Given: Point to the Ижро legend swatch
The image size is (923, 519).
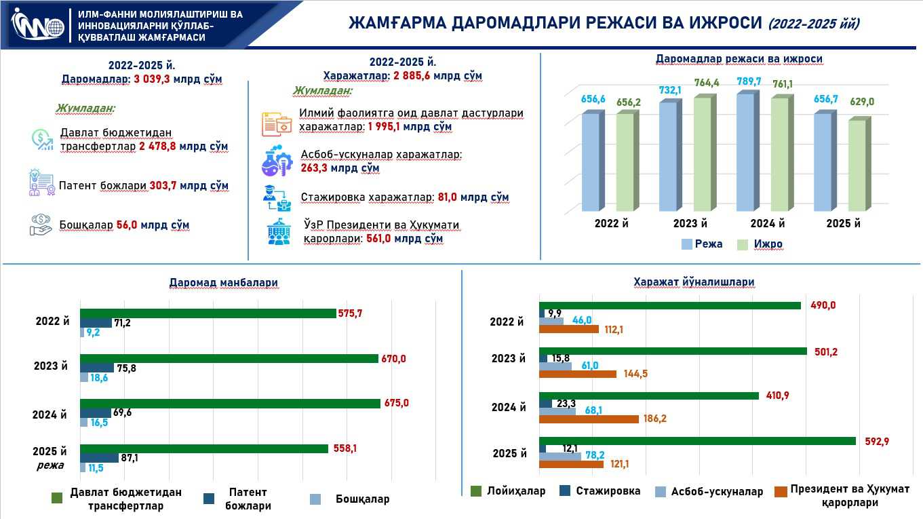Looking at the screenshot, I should (x=742, y=244).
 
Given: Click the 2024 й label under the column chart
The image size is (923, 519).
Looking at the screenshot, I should (x=768, y=224).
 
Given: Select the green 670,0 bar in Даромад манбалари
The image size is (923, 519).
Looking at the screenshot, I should (x=229, y=358).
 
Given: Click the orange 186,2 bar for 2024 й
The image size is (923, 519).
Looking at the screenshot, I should (x=589, y=419).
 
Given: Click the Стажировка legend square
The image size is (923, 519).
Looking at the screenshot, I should (x=565, y=491).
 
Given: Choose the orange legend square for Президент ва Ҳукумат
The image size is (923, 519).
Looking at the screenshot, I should (x=779, y=491).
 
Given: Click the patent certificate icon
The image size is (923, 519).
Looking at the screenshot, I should (x=41, y=183).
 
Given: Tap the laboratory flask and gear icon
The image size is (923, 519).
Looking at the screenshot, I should (x=277, y=161).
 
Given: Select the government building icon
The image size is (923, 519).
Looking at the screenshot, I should (x=277, y=232).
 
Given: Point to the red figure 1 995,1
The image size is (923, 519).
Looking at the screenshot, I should (x=385, y=127).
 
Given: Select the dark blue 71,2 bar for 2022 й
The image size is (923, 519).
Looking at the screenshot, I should (x=96, y=323).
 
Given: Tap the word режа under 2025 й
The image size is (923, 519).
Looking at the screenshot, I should (x=50, y=465).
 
